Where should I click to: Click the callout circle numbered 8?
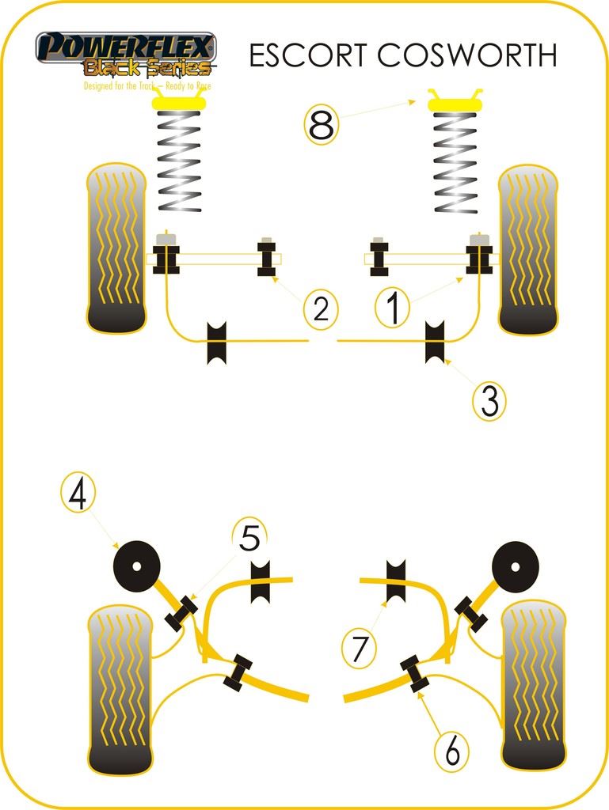322,125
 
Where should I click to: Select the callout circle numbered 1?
392,308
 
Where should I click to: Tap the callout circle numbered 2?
321,308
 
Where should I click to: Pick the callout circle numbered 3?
489,402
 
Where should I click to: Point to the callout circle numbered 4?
77,494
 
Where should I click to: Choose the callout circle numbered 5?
249,540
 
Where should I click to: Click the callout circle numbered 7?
360,649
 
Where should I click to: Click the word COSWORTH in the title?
466,55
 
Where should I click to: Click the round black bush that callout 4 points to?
136,566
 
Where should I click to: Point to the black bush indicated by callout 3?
436,342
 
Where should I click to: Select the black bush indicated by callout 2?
267,258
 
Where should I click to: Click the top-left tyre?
116,248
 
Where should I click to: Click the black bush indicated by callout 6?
413,672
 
